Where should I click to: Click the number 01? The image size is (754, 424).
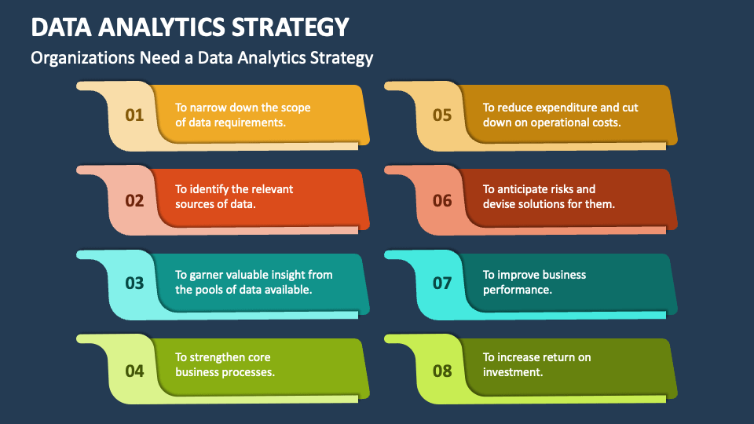tap(134, 115)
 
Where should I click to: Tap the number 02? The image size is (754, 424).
tap(134, 200)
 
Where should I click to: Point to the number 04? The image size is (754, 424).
tap(134, 371)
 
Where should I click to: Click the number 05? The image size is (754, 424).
tap(442, 115)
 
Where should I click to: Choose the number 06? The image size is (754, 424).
tap(442, 200)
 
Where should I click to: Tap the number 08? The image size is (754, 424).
tap(442, 371)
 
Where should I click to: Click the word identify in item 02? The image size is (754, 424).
tap(209, 189)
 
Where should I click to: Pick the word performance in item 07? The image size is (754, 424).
tap(517, 290)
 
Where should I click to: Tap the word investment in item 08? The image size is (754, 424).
tap(512, 372)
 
